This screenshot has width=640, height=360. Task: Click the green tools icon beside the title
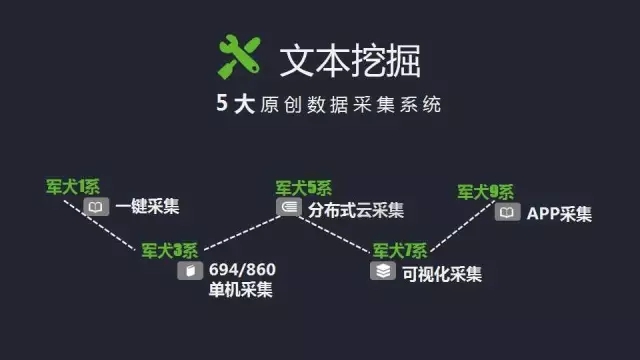[239, 56]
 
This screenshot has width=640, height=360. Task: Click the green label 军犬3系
[170, 249]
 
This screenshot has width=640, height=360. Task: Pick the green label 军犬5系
[304, 187]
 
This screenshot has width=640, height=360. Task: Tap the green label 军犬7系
[399, 250]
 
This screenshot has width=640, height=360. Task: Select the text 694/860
[240, 271]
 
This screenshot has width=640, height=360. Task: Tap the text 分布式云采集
[356, 209]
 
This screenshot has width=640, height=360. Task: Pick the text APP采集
[559, 213]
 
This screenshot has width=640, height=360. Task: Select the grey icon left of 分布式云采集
[287, 208]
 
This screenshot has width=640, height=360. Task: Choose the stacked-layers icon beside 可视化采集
[383, 272]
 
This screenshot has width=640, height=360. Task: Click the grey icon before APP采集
[508, 212]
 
